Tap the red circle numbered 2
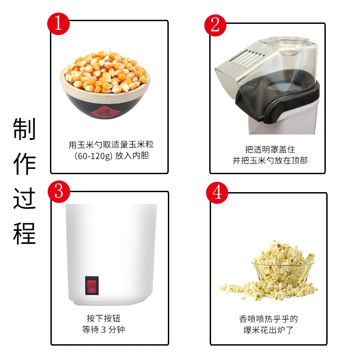click(215, 24)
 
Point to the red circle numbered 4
click(217, 193)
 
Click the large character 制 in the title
click(24, 129)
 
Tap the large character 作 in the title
click(24, 164)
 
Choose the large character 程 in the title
click(24, 233)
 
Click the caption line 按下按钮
click(104, 319)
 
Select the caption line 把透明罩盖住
click(270, 149)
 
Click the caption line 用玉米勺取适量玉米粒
click(111, 145)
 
